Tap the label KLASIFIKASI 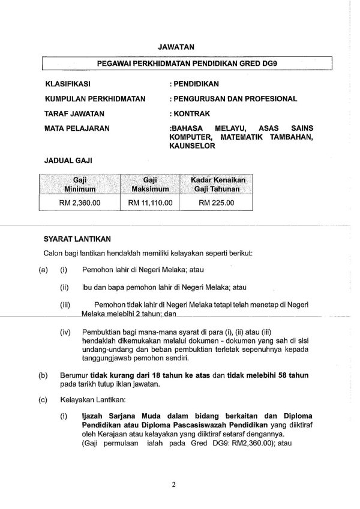(x=67, y=84)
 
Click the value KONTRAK (x=188, y=113)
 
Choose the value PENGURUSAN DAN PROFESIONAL (x=233, y=98)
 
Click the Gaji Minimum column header (x=80, y=184)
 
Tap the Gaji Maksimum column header (x=150, y=184)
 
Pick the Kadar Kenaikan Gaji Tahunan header (x=218, y=184)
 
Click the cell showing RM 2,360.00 (x=80, y=203)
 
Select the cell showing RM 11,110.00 (x=150, y=203)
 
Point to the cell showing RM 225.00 (x=217, y=203)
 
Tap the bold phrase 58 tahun (x=293, y=375)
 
